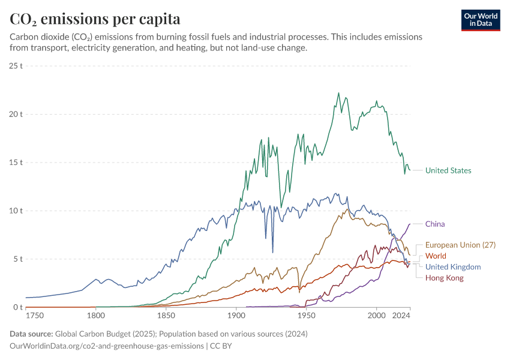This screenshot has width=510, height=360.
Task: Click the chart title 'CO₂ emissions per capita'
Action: click(95, 19)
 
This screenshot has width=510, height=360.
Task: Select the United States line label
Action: click(448, 170)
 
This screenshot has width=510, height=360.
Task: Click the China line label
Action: click(435, 224)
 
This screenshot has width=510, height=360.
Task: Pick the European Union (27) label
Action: click(460, 245)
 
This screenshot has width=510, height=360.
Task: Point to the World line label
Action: click(436, 256)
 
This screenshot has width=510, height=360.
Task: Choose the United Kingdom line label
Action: click(453, 267)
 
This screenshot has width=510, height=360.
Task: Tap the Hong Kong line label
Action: click(444, 278)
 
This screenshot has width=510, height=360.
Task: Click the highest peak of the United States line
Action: click(338, 93)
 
